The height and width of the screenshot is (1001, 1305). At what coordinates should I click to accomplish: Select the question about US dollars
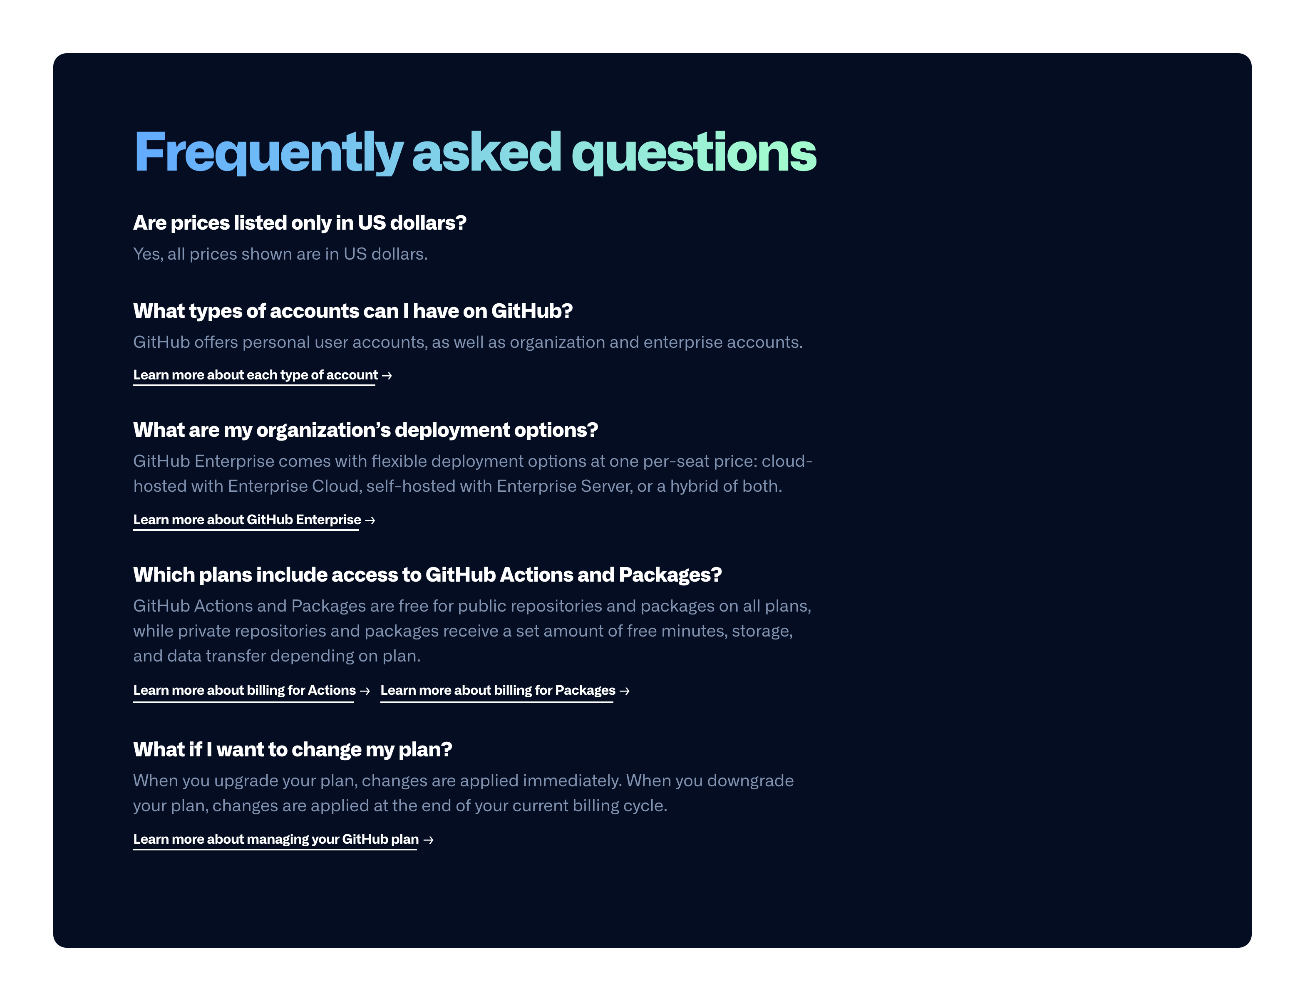299,223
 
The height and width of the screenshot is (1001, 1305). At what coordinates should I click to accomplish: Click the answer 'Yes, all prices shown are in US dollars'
280,255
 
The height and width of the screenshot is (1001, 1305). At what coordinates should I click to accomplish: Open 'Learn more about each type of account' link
255,375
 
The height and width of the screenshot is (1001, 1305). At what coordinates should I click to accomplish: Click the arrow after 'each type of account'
387,376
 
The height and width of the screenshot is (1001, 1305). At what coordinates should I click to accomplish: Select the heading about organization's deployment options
365,430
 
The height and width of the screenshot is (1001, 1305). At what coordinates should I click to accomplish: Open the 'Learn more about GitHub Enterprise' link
247,520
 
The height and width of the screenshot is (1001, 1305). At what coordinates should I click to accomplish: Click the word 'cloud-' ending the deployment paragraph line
786,462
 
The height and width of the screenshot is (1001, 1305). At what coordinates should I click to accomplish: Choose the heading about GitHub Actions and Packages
427,575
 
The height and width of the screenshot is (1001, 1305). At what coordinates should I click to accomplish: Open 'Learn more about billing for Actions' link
244,691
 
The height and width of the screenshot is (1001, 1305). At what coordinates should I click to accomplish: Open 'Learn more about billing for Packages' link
498,691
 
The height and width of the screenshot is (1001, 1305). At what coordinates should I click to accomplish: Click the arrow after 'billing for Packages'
625,691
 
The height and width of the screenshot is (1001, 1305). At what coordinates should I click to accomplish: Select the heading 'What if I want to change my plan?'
293,750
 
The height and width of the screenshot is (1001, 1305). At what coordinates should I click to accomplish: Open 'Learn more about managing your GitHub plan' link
276,840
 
